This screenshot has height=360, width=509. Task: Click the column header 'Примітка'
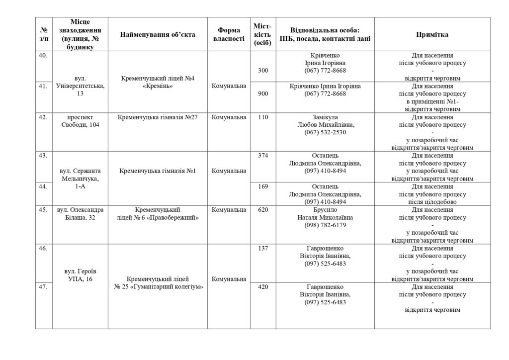[432, 34]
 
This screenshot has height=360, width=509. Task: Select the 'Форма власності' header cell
[229, 34]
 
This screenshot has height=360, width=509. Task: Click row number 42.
[43, 117]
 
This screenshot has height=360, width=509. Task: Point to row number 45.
[43, 210]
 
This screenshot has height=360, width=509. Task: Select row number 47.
[43, 287]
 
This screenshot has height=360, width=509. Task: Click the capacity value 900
[263, 94]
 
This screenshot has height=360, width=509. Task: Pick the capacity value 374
[263, 156]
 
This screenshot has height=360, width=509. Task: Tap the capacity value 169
[263, 186]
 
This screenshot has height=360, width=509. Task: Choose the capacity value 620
[263, 210]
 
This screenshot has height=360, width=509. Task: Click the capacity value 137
[263, 248]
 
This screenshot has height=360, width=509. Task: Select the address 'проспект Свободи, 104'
[80, 121]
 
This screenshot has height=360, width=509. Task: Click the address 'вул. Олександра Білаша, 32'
[80, 213]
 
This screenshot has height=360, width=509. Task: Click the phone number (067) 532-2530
[325, 132]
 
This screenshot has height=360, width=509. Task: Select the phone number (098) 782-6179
[325, 225]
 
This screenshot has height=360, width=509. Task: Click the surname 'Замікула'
[325, 117]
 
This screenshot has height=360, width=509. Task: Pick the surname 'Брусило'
[325, 210]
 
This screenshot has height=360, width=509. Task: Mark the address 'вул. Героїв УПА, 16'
[80, 275]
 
